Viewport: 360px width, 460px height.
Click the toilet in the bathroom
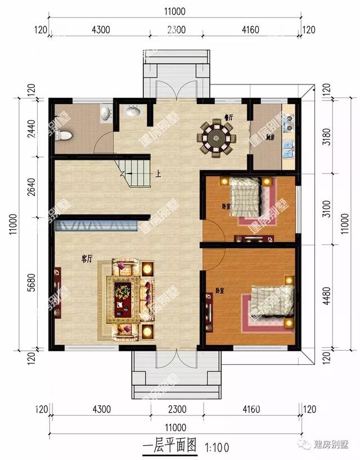tap(64, 135)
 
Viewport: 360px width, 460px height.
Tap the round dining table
tap(215, 137)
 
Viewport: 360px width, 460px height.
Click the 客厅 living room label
tap(87, 259)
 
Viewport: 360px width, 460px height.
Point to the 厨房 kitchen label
tap(270, 136)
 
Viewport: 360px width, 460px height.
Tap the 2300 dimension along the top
tap(176, 30)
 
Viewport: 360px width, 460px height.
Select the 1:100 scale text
tap(217, 448)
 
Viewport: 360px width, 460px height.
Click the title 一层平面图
tap(169, 447)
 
